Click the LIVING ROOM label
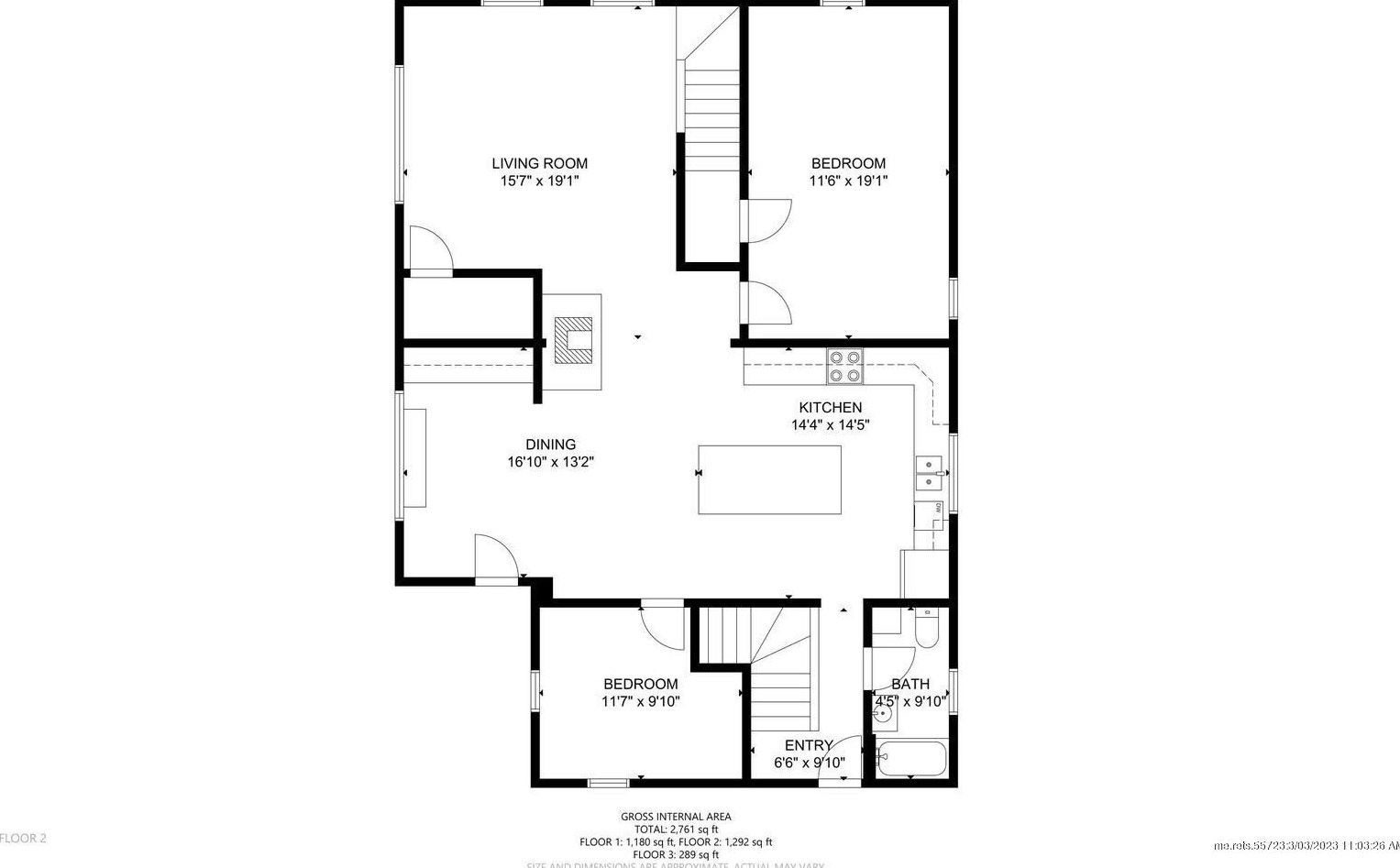[539, 164]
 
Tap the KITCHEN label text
[830, 408]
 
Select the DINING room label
[550, 445]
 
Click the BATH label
[909, 684]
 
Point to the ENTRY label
[808, 745]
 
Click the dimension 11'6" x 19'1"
[848, 181]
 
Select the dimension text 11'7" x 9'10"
[640, 702]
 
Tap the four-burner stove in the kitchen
[844, 366]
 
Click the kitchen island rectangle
[769, 479]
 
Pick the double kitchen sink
[929, 472]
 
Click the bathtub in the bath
[910, 759]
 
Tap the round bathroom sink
[884, 717]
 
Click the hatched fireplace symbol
[574, 341]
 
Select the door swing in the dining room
[495, 557]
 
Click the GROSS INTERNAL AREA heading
[676, 817]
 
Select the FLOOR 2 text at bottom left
[23, 838]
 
